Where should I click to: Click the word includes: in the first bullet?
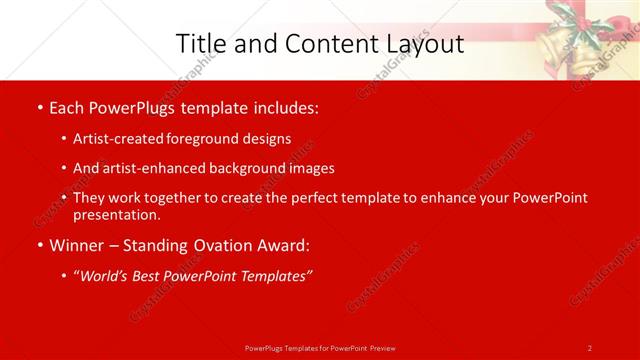coord(286,107)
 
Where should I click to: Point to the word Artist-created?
coord(121,138)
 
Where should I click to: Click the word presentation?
coord(116,214)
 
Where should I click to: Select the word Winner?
coord(78,245)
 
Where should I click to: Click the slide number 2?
coord(590,347)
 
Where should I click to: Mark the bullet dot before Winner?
coord(39,246)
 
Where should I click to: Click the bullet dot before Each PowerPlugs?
coord(39,107)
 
